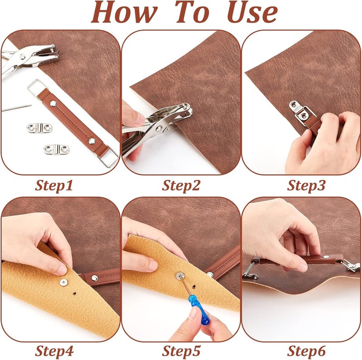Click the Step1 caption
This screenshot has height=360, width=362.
point(54,185)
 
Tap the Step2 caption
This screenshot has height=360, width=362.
point(181,185)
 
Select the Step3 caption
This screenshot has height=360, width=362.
point(306,185)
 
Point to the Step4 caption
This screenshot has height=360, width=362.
point(54,351)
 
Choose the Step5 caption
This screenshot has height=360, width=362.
point(181,351)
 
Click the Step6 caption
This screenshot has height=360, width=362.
point(306,351)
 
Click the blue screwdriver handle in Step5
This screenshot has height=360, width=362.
point(199,310)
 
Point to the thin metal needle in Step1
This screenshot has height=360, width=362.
point(17,108)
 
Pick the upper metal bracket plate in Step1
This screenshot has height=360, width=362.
point(39,128)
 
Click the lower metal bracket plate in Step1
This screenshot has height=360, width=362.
point(56,150)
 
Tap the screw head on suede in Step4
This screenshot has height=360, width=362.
point(63,282)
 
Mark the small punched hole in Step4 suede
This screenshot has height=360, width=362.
point(75,294)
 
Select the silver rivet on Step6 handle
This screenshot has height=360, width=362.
point(326,256)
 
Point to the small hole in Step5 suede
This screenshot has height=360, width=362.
point(194,287)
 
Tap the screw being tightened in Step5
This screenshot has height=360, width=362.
point(180,275)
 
